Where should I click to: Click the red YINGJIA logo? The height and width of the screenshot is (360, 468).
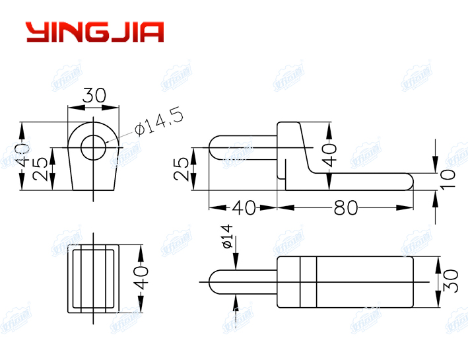[94, 32]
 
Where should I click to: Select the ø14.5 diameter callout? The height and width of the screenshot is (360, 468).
[158, 120]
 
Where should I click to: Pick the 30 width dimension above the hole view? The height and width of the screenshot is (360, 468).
[94, 95]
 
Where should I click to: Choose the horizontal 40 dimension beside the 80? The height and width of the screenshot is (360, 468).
[243, 207]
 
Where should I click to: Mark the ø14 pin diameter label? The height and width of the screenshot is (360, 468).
[226, 236]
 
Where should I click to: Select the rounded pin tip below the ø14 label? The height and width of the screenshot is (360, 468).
[215, 282]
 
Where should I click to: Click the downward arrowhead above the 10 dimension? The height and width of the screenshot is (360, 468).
[436, 164]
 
